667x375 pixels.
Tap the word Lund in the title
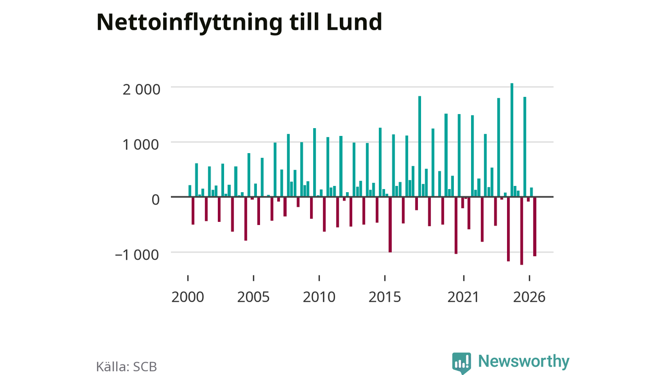tap(354, 22)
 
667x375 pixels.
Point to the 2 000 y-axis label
tap(141, 90)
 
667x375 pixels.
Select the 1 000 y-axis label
tap(141, 145)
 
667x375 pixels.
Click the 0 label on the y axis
tap(155, 200)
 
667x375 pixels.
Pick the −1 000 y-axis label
tap(137, 255)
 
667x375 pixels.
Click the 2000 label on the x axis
tap(188, 297)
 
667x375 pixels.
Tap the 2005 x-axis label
tap(253, 297)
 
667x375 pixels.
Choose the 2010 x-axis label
tap(319, 297)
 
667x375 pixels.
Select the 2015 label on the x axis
tap(385, 297)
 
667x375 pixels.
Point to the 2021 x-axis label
tap(463, 297)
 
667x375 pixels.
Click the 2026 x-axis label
tap(529, 297)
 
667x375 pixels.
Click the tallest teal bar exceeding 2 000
tap(512, 140)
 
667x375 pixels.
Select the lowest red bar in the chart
tap(522, 231)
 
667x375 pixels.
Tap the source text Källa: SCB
tap(127, 367)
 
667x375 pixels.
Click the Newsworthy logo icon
tap(462, 363)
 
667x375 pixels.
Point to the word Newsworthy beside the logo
tap(524, 361)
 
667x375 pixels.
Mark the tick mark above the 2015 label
tap(385, 278)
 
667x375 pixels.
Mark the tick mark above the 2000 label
tap(188, 278)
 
